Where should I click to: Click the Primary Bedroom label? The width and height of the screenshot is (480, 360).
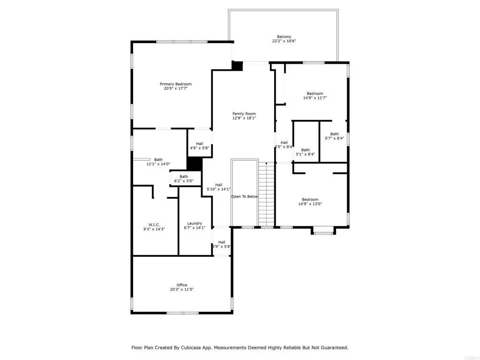click(x=176, y=84)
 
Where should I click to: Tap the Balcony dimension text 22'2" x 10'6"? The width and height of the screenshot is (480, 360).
click(x=284, y=41)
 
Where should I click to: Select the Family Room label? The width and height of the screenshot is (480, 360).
click(x=244, y=113)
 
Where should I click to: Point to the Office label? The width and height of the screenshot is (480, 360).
click(x=182, y=285)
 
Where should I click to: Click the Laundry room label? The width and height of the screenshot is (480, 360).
click(x=195, y=224)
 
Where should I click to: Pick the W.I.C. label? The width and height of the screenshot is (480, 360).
click(x=154, y=224)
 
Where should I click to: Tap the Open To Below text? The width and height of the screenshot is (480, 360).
click(x=244, y=196)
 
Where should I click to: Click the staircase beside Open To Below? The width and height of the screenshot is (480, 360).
click(x=267, y=195)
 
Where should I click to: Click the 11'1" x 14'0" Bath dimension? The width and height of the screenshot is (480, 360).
click(x=158, y=164)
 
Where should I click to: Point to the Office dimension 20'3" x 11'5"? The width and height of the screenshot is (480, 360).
click(x=182, y=290)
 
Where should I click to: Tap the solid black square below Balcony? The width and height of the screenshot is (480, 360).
click(x=237, y=66)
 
